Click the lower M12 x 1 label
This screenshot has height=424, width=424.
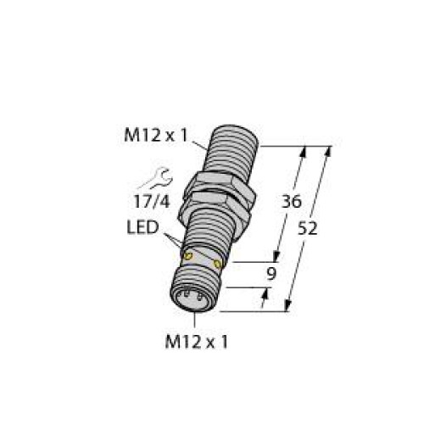(198, 343)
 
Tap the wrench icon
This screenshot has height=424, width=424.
(159, 178)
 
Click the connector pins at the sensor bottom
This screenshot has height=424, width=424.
(194, 297)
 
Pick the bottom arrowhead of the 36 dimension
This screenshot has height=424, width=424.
(275, 258)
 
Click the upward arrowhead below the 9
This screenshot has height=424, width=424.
(266, 293)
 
